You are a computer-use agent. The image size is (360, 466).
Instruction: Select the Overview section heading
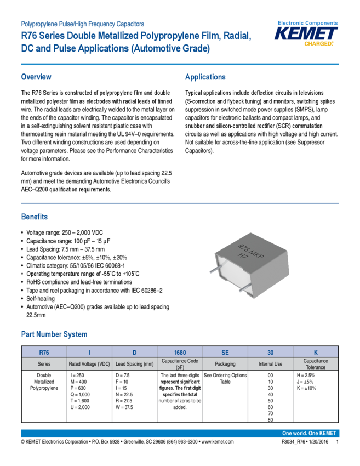point(36,77)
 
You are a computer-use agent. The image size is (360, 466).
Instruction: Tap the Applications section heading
point(205,77)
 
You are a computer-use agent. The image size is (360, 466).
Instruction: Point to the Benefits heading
point(34,216)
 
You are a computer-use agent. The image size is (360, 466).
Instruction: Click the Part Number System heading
point(54,334)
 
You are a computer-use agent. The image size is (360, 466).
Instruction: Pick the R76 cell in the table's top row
point(44,352)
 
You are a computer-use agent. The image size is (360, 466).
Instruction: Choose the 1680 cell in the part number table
point(180,352)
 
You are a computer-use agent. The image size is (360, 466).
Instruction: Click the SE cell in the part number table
point(225,352)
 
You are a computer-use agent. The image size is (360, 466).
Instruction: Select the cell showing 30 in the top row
point(270,352)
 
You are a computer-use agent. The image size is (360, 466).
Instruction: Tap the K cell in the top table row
point(316,352)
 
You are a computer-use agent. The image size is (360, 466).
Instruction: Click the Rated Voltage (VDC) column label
point(89,364)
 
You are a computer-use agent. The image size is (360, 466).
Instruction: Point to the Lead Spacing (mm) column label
point(134,364)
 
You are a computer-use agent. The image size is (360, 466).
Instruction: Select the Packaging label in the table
point(225,364)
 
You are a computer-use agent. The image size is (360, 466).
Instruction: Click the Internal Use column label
point(270,364)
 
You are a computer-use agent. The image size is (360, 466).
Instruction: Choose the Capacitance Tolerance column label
point(316,364)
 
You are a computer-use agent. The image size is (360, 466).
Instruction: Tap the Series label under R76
point(44,364)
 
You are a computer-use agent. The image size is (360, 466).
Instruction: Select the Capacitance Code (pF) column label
point(180,364)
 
